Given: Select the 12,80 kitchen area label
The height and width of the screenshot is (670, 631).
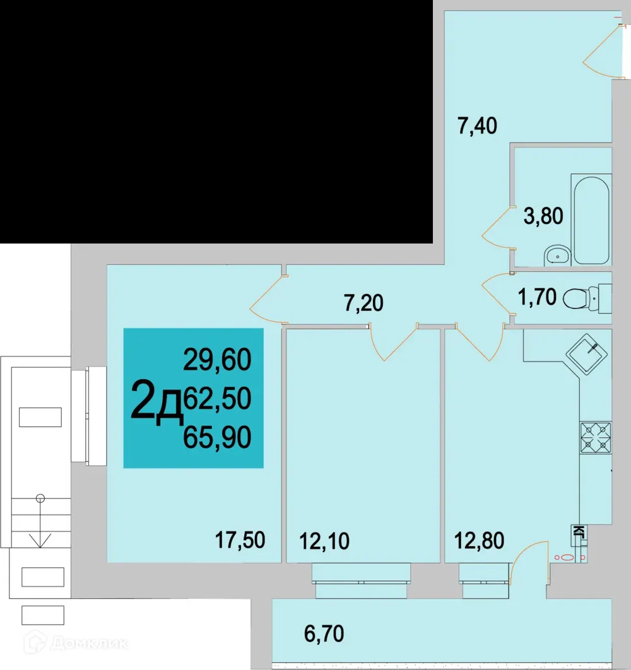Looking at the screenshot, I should (480, 541).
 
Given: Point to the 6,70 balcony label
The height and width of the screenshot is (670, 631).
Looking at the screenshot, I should (324, 633).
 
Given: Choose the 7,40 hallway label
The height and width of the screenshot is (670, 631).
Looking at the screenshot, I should (477, 126).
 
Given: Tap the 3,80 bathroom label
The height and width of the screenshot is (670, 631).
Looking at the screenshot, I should (543, 218).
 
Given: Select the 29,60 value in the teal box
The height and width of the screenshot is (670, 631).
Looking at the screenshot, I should (217, 360).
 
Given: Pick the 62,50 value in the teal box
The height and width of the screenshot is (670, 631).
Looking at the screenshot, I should (217, 397).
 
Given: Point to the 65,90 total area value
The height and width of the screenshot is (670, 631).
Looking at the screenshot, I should (217, 436).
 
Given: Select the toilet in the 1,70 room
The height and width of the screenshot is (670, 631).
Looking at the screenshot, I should (584, 297).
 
